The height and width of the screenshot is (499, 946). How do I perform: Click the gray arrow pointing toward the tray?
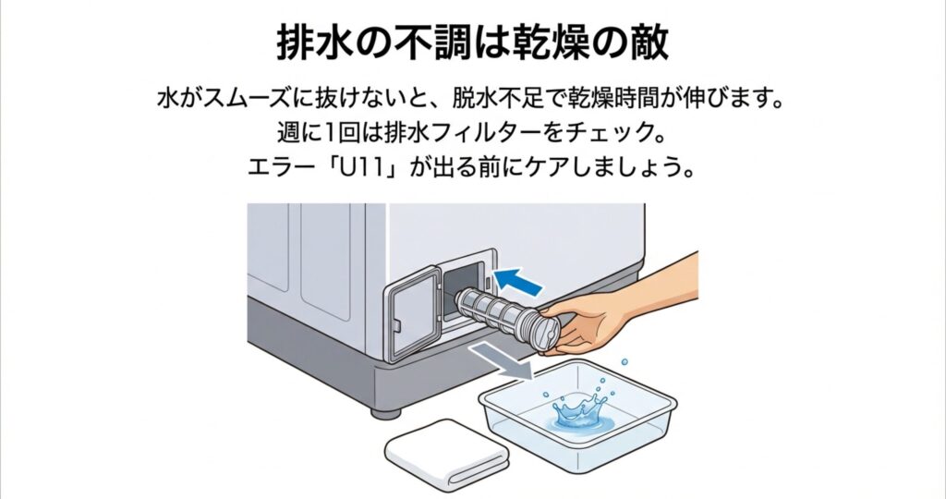[502, 359]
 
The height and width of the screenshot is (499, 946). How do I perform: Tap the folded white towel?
[446, 455]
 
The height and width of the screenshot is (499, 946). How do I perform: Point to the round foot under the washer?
[386, 413]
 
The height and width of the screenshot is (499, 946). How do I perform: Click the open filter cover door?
[413, 314]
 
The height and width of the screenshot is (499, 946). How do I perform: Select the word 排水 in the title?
[315, 43]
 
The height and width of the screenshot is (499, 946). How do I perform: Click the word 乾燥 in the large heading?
[550, 43]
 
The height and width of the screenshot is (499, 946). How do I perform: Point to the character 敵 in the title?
[649, 43]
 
